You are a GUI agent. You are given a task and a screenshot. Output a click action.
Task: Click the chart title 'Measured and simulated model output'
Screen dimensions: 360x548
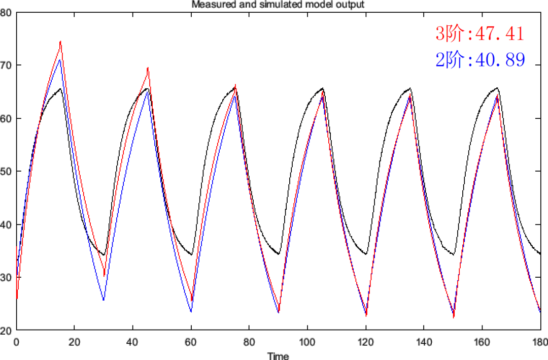pyautogui.click(x=278, y=5)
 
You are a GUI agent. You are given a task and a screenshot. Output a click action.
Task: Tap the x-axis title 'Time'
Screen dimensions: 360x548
pyautogui.click(x=278, y=355)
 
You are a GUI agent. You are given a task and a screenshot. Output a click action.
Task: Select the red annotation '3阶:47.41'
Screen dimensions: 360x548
pyautogui.click(x=478, y=35)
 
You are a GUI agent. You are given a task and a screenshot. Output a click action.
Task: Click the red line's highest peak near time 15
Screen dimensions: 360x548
pyautogui.click(x=60, y=42)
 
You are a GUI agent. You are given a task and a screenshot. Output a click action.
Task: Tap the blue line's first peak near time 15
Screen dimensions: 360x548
pyautogui.click(x=60, y=60)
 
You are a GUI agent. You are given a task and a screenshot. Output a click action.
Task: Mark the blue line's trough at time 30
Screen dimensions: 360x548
pyautogui.click(x=104, y=300)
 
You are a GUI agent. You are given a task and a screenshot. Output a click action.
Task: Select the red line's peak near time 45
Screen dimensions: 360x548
pyautogui.click(x=148, y=68)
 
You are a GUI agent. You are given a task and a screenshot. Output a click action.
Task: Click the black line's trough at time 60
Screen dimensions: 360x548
pyautogui.click(x=191, y=255)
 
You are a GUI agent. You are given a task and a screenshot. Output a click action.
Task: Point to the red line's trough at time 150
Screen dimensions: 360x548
pyautogui.click(x=454, y=317)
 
